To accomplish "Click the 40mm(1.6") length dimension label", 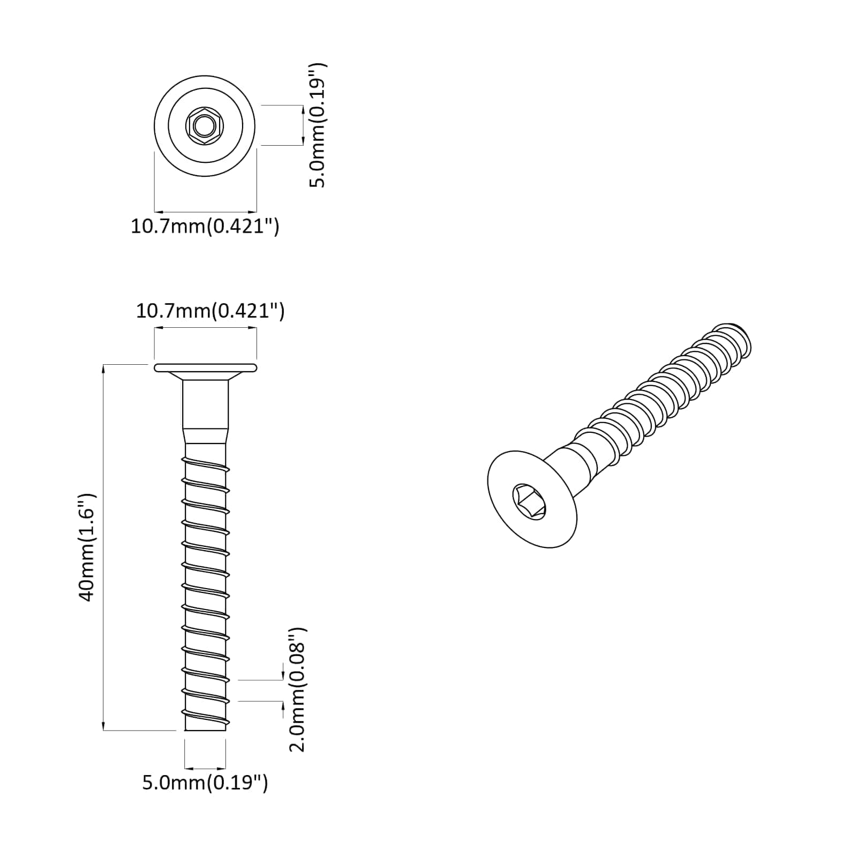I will pos(87,547).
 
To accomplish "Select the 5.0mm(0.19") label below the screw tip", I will pos(205,783).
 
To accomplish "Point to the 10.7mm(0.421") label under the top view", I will pos(205,226).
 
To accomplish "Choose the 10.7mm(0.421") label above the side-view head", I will pos(210,311).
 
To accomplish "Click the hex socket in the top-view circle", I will pos(204,127).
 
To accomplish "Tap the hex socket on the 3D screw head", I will pos(529,501).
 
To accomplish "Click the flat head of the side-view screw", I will pos(205,367).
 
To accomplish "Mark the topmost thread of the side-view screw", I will pos(206,464).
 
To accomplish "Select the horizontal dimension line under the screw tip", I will pos(205,768).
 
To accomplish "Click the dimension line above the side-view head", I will pos(205,344).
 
